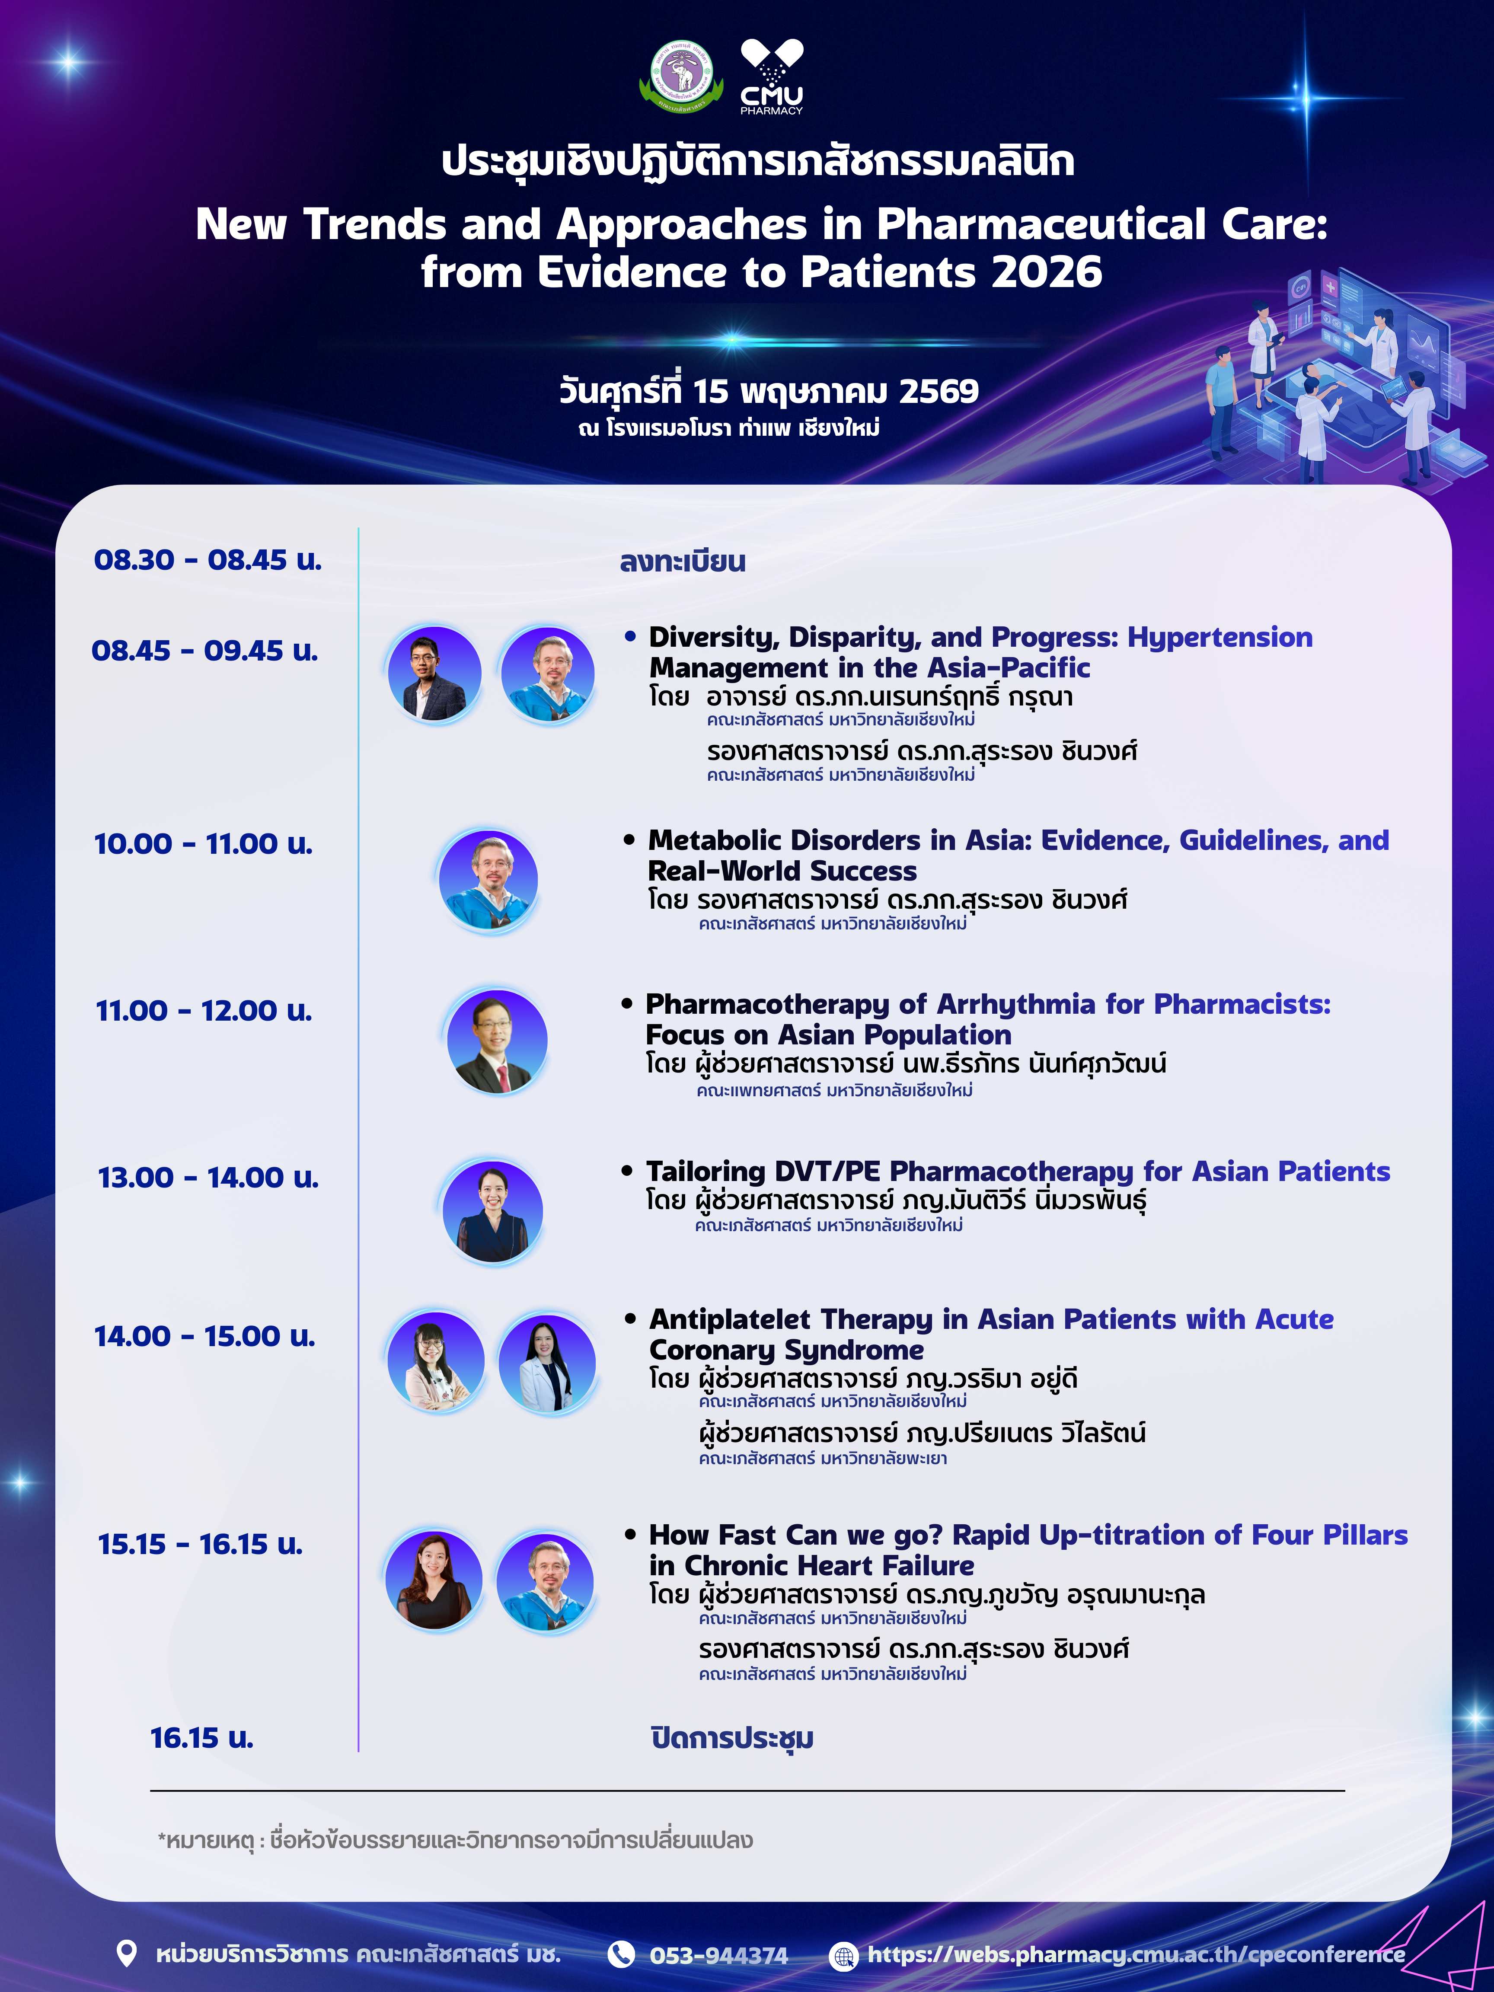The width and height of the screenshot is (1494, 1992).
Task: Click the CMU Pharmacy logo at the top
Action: pos(772,77)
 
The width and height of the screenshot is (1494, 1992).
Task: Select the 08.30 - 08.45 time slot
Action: pos(208,560)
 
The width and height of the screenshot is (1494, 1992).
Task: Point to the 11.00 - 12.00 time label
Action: pos(204,1010)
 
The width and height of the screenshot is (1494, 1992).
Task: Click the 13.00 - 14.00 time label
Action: pos(208,1177)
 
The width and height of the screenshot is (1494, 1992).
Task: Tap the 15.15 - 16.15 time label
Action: pos(200,1544)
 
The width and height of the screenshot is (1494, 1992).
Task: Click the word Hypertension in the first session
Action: pos(1220,638)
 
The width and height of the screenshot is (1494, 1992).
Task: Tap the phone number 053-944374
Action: pos(718,1956)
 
